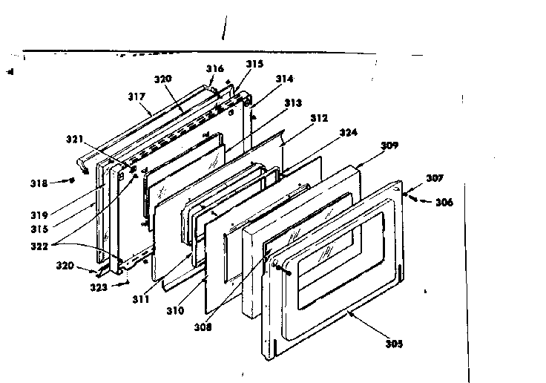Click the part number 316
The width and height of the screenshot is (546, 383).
214,68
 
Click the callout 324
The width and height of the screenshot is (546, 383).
348,133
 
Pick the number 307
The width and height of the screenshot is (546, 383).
435,178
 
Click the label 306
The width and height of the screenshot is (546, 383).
444,202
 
